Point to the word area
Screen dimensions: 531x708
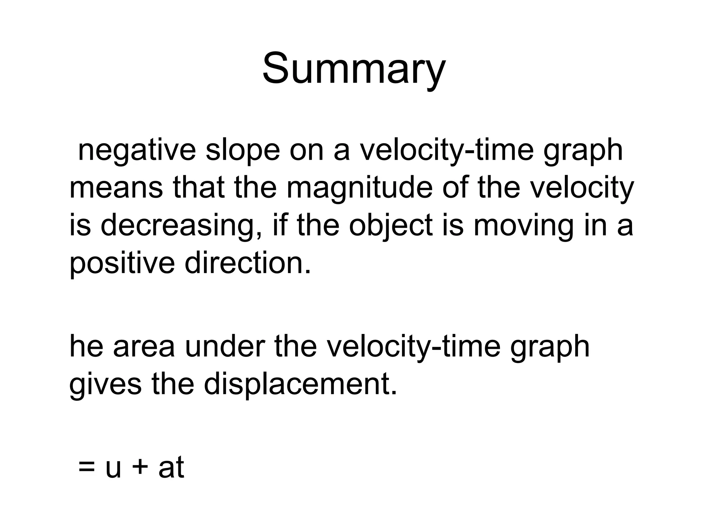click(x=144, y=347)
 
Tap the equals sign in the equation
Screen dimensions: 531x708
click(x=87, y=467)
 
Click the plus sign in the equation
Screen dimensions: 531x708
click(x=140, y=467)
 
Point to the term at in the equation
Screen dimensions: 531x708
click(x=171, y=467)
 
